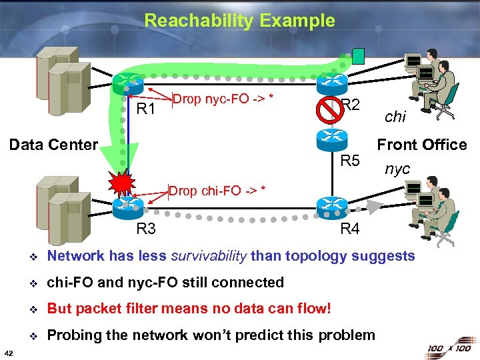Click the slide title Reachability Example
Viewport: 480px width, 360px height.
(x=239, y=21)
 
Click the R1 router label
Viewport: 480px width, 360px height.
(x=145, y=109)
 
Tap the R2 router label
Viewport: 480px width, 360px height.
(x=351, y=104)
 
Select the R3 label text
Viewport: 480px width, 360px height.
(x=145, y=229)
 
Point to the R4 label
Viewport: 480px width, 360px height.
(x=349, y=229)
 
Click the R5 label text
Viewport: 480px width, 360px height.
(x=350, y=161)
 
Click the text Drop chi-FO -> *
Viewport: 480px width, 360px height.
(x=217, y=191)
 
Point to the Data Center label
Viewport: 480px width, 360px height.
(x=53, y=144)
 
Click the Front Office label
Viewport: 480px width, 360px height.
(x=421, y=145)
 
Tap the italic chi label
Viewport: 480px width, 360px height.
(x=395, y=117)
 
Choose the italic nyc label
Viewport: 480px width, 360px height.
(x=397, y=169)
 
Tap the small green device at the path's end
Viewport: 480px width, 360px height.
(x=359, y=55)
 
